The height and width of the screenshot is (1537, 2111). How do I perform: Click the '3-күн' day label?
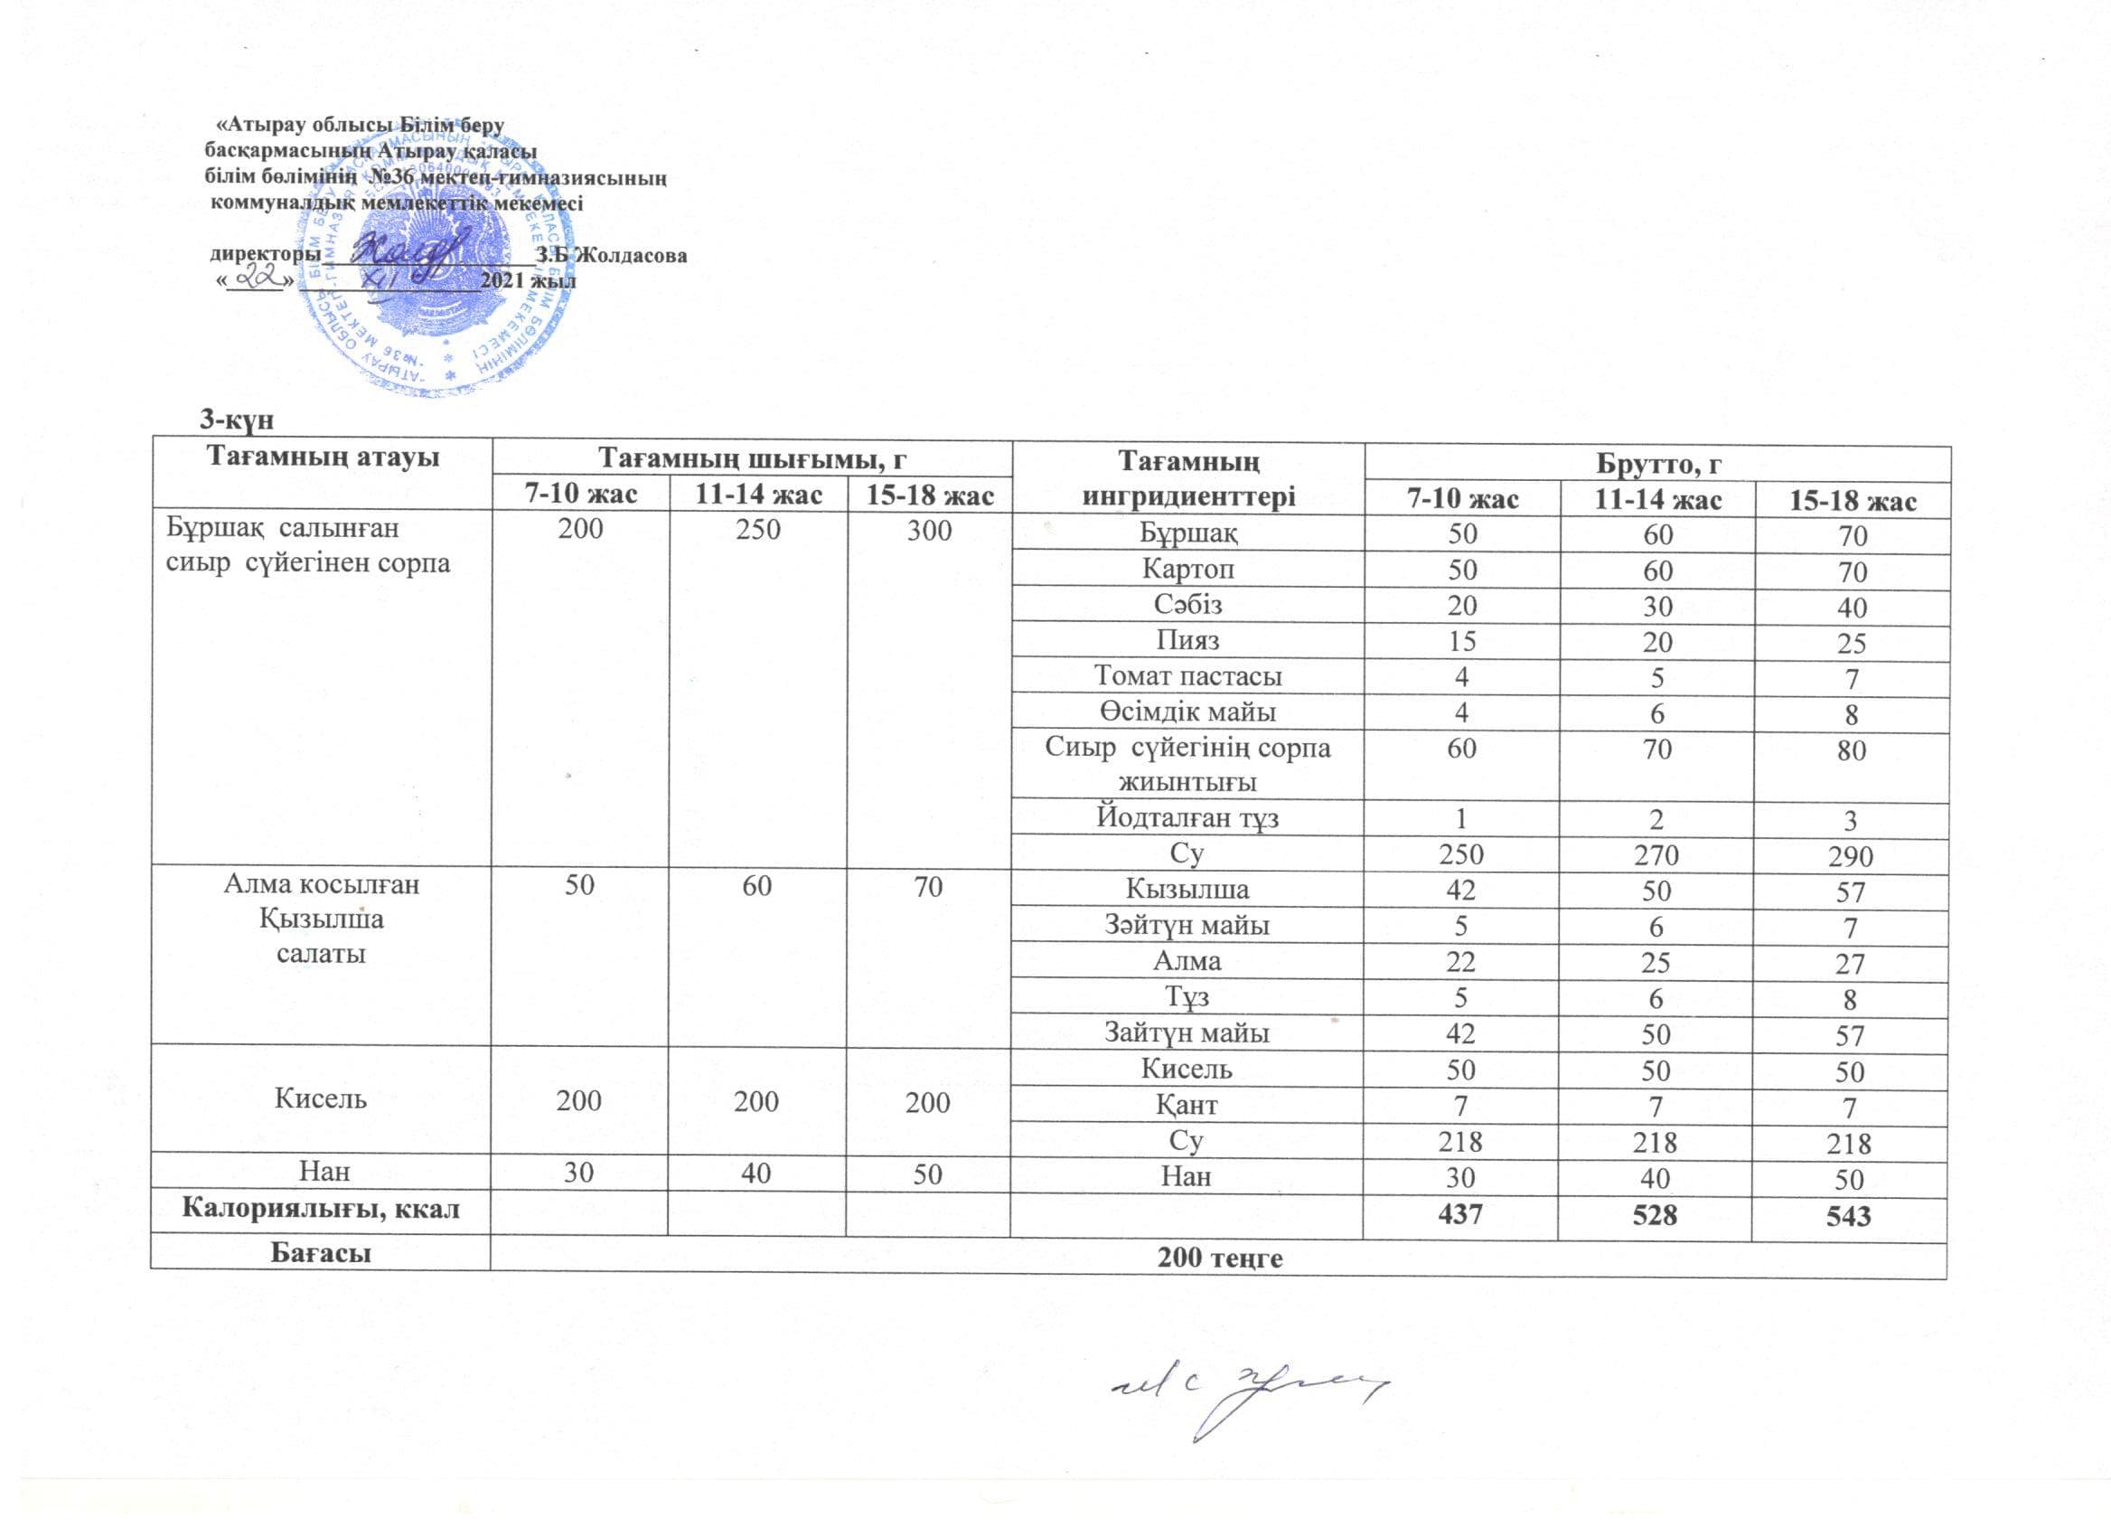coord(238,420)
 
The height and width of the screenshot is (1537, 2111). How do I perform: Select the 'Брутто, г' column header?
coord(1657,464)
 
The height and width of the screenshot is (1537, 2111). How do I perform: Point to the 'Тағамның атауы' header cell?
coord(322,457)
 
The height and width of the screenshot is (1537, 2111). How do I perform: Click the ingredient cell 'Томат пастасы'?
coord(1187,676)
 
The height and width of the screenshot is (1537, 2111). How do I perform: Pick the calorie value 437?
coord(1459,1214)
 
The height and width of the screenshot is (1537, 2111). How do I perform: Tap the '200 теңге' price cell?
coord(1219,1258)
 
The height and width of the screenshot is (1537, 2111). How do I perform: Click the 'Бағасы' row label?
coord(321,1252)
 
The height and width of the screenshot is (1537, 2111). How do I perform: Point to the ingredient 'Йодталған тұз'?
coord(1187,818)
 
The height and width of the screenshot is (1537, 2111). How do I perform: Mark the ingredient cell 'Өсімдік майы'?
coord(1187,712)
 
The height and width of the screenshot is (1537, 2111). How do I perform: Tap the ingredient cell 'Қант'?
coord(1187,1105)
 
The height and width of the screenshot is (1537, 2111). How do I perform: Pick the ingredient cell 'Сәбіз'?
coord(1187,605)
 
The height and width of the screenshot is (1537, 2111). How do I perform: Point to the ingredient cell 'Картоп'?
coord(1187,569)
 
